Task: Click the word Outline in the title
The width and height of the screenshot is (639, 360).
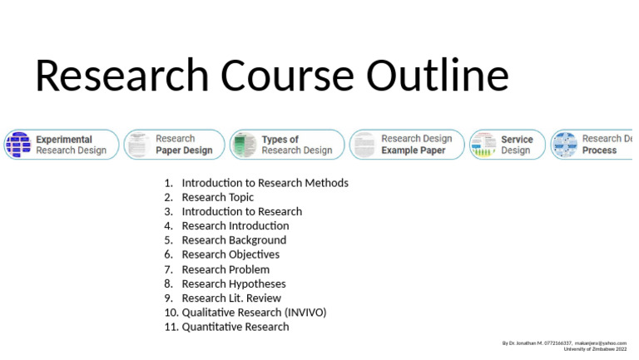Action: tap(438, 76)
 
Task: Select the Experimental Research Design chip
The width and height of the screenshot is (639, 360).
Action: tap(62, 145)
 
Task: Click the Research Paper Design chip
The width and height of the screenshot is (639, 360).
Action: tap(175, 145)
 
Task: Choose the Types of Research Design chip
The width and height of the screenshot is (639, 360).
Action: tap(287, 145)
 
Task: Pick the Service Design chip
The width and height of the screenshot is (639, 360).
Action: tap(507, 145)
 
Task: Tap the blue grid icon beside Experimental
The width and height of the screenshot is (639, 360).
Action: tap(17, 145)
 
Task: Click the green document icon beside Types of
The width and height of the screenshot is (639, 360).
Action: tap(244, 145)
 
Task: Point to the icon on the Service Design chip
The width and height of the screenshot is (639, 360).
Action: tap(483, 145)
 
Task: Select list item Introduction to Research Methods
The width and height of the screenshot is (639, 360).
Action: tap(265, 183)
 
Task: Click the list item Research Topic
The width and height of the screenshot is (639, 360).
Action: tap(218, 197)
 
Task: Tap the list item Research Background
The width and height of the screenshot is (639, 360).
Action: tap(234, 240)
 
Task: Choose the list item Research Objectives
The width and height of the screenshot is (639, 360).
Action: tap(230, 254)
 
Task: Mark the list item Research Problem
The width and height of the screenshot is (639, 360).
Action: tap(225, 269)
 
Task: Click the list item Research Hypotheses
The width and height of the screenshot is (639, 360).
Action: tap(234, 284)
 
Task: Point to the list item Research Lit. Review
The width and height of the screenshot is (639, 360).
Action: tap(231, 298)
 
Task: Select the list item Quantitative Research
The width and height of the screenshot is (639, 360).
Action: tap(235, 327)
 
